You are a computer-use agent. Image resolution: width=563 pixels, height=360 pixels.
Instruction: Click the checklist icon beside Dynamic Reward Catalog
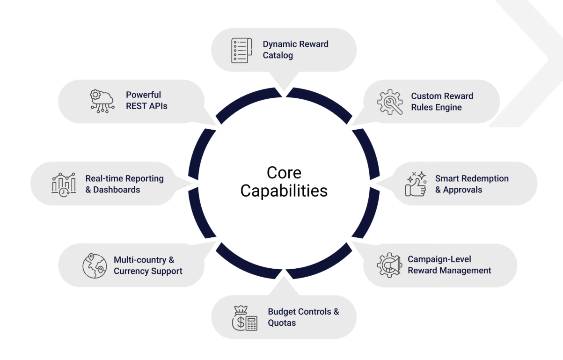tap(241, 50)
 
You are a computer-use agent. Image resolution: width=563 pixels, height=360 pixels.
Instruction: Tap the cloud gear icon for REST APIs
tap(102, 101)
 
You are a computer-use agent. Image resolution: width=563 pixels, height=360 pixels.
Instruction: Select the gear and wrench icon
tap(390, 102)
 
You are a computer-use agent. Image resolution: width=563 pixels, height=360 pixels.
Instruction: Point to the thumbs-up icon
tap(416, 184)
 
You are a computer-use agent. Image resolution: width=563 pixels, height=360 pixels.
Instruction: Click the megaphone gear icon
tap(389, 265)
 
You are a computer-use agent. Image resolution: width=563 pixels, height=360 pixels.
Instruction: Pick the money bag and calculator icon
tap(245, 318)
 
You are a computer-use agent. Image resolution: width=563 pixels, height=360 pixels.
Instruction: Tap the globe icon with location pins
tap(95, 265)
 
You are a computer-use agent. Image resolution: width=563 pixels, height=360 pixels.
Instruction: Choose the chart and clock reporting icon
tap(64, 184)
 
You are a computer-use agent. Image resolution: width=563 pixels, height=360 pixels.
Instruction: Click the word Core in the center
tap(284, 173)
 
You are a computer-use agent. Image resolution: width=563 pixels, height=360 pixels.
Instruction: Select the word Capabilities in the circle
tap(284, 191)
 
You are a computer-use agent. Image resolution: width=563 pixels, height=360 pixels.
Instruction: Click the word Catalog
tap(278, 55)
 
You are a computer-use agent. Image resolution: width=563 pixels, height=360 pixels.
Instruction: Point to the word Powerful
tap(143, 95)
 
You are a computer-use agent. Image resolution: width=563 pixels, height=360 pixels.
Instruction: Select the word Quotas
tap(282, 323)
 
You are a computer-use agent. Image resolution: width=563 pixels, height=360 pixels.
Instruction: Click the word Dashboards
tap(117, 190)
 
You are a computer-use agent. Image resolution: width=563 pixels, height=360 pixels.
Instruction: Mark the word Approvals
tap(462, 190)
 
